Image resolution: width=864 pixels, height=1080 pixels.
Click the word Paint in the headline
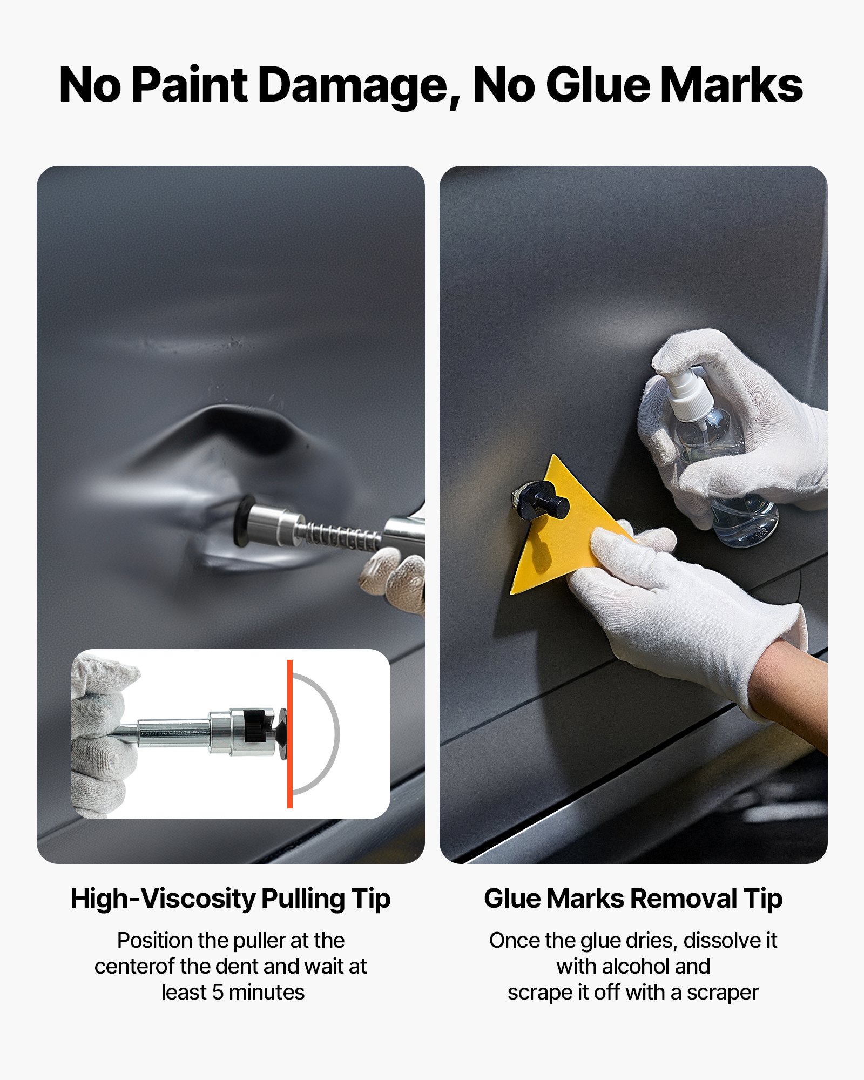190,85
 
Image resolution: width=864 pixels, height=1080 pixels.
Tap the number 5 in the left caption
218,992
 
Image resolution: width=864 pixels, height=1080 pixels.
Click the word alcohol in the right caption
634,966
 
